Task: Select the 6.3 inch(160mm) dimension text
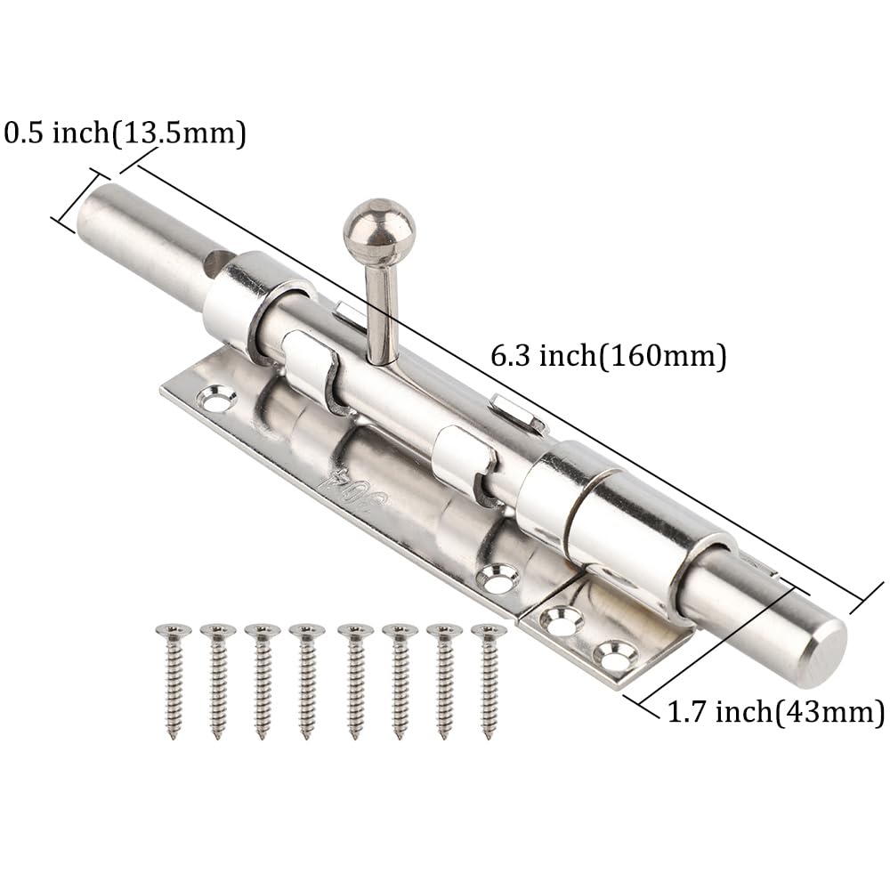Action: pos(608,357)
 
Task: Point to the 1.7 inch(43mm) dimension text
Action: pos(775,712)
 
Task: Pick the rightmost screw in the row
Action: pos(488,681)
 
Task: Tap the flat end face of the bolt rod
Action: pos(825,652)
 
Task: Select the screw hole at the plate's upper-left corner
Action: pos(218,399)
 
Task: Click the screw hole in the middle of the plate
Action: pos(498,579)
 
